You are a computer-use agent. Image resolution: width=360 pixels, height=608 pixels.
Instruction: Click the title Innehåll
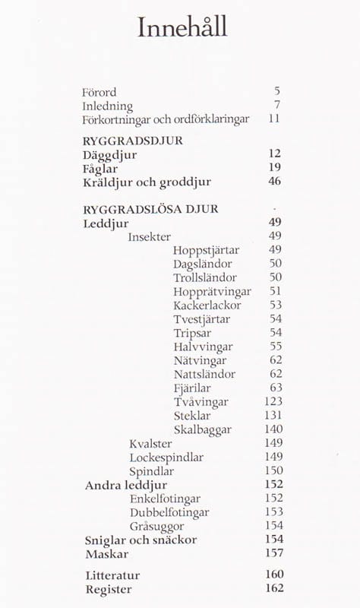(182, 28)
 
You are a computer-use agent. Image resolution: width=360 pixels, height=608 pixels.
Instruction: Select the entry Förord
(99, 92)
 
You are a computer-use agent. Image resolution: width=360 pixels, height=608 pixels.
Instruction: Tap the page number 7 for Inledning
(277, 106)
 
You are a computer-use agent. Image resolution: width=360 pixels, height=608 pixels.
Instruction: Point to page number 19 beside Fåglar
(274, 167)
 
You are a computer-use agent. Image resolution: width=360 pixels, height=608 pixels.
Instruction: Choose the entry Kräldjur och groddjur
(146, 182)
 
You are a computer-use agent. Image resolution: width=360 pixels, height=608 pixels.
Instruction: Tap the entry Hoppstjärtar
(206, 250)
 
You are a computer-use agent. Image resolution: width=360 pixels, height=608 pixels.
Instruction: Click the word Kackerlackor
(207, 305)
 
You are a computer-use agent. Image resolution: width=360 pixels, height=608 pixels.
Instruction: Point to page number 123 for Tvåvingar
(272, 401)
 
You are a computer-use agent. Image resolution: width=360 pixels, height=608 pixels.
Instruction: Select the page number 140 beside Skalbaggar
(272, 429)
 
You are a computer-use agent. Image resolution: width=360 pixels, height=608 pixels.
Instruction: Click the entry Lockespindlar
(166, 457)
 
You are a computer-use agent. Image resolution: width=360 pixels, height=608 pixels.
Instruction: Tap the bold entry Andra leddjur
(125, 484)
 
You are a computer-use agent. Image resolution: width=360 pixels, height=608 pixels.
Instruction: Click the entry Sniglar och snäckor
(141, 539)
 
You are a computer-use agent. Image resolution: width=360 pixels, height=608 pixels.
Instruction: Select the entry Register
(109, 589)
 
